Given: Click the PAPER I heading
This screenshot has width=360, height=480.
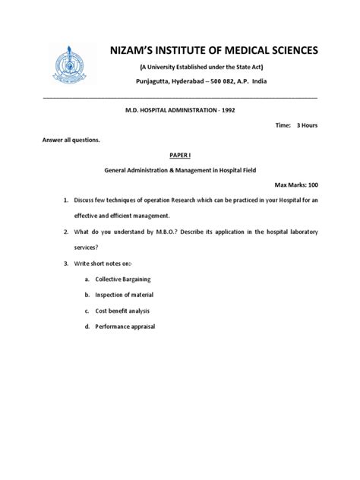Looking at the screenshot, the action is click(x=180, y=154).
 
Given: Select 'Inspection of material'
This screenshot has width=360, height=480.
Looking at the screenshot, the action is click(x=125, y=295).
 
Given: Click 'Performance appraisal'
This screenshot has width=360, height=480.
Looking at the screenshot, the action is click(x=125, y=327).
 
